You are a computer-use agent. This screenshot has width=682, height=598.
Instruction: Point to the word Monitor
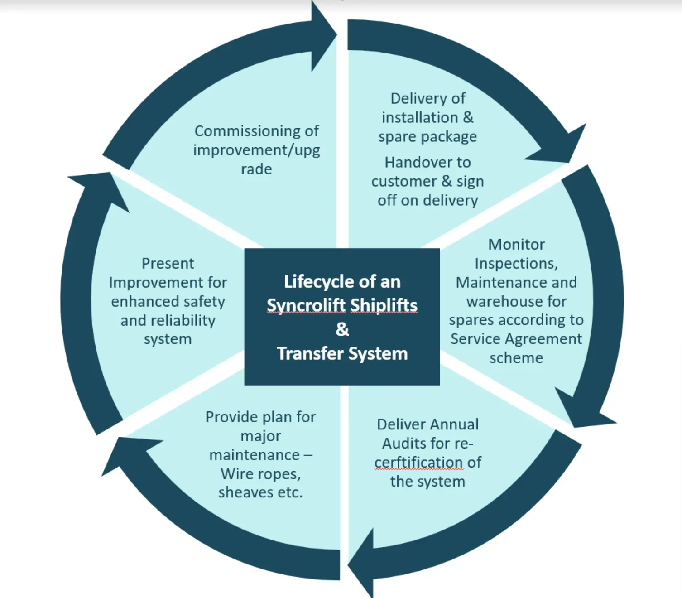[x=516, y=245]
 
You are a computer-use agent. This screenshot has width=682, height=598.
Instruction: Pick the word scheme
[x=516, y=358]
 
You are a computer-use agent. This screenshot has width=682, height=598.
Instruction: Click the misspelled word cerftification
[x=418, y=463]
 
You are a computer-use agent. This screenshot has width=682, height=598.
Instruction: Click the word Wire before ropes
[x=235, y=474]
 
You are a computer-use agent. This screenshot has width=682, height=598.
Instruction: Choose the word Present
[x=168, y=264]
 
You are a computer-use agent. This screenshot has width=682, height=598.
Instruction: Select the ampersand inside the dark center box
[x=342, y=329]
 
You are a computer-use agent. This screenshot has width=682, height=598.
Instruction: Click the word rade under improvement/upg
[x=256, y=169]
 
